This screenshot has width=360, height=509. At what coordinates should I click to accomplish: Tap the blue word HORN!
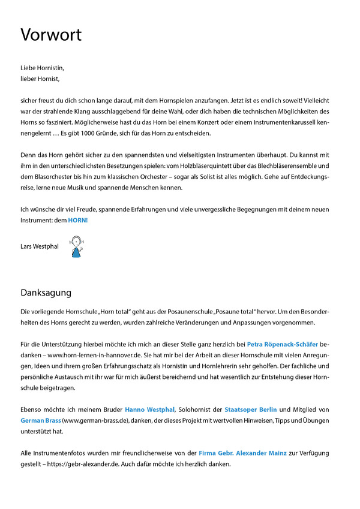click(x=77, y=220)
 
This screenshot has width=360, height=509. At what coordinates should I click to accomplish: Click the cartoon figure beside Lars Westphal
click(x=76, y=246)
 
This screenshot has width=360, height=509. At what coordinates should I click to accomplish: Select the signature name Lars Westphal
click(x=40, y=246)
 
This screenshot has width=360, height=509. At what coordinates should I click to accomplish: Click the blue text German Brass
click(x=40, y=420)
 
